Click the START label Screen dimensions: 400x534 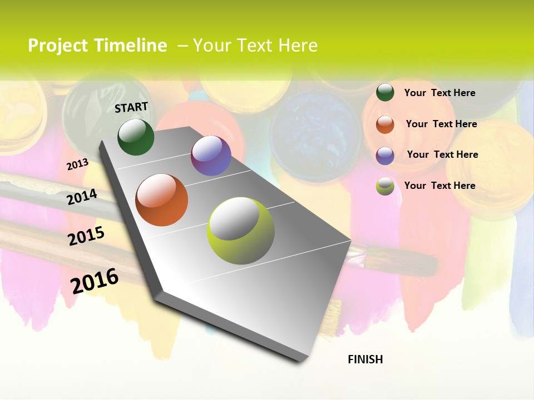[131, 107]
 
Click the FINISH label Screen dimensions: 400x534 [365, 359]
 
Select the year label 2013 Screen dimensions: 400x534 [77, 164]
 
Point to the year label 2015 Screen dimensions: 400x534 [86, 236]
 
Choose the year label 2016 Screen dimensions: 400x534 [95, 281]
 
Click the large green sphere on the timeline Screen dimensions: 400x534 [136, 137]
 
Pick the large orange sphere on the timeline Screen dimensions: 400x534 [162, 200]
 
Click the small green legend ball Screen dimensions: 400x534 [385, 93]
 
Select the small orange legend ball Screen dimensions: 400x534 [385, 124]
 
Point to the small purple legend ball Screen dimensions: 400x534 [385, 156]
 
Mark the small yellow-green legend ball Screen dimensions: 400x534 [385, 187]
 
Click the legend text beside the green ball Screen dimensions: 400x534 [439, 93]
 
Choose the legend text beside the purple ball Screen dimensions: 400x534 [442, 154]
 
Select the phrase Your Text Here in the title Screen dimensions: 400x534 [255, 46]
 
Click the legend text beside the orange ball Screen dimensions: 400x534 [441, 124]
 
